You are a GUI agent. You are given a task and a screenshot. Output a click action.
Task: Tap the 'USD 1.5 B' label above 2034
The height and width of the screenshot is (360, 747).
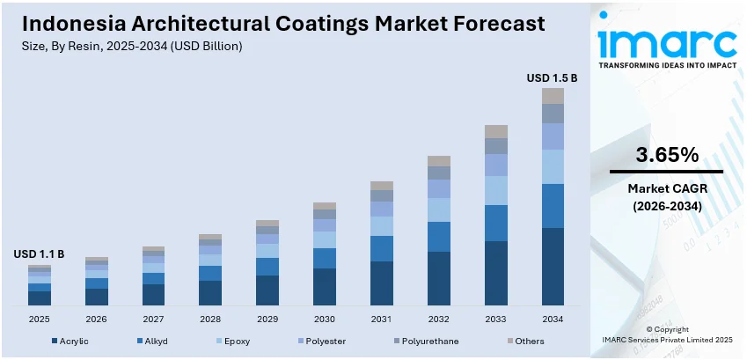point(552,78)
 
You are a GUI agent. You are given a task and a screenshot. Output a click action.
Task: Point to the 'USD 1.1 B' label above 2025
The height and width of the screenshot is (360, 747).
point(39,254)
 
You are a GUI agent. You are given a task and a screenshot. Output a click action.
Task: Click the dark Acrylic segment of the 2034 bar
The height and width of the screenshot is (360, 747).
point(553,266)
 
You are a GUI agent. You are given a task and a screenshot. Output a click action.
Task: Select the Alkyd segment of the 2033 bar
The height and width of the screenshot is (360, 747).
point(495,223)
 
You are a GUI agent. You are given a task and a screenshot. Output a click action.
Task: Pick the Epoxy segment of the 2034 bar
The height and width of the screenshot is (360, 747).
point(553,166)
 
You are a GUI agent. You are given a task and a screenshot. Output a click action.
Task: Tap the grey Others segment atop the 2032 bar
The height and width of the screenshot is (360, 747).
point(438,161)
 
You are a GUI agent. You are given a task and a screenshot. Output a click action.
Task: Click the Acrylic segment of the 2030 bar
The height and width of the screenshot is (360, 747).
point(324,286)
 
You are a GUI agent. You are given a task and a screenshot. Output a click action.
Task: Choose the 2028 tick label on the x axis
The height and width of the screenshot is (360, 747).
point(210,319)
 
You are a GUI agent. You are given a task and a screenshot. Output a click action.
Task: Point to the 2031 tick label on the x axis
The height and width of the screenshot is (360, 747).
point(381,319)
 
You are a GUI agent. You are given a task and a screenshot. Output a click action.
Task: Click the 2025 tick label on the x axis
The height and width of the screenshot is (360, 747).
point(39,319)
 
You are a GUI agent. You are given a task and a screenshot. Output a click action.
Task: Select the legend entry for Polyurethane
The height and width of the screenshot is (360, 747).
point(426,341)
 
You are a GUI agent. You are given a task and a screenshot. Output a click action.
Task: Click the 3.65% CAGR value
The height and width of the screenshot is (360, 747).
point(666,156)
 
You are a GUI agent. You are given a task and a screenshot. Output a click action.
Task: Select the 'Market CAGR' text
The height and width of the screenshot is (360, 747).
point(666,188)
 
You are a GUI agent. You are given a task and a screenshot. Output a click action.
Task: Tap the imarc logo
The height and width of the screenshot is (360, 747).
point(666,44)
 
